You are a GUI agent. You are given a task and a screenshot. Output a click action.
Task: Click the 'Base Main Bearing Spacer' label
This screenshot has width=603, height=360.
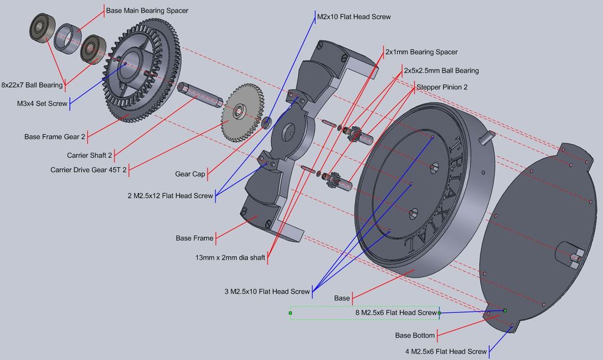point(147,11)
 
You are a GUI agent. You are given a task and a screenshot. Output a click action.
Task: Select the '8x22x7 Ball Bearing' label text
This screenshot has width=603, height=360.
point(32,85)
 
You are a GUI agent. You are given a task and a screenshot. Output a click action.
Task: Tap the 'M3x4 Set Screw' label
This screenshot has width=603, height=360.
point(42,104)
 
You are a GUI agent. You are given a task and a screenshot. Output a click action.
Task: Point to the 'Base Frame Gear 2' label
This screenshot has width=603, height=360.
point(55,137)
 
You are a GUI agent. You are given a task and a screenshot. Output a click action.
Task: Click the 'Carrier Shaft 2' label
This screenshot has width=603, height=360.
point(90,156)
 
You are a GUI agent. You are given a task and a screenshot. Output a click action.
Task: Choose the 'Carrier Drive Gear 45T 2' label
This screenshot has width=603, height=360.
point(88,170)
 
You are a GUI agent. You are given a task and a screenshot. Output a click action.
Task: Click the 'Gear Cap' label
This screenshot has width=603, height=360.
point(190,174)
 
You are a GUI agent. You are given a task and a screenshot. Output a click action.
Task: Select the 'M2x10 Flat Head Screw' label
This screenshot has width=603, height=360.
point(353,16)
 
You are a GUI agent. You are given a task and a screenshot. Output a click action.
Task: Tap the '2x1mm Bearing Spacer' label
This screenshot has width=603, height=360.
point(421,52)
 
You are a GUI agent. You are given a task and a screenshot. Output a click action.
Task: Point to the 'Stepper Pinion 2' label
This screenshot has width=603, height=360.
point(442,87)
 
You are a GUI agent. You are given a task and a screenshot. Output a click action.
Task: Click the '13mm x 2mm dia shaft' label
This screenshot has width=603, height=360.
point(230,257)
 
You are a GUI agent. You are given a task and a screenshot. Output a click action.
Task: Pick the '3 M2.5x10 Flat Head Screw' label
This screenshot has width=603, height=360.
point(267,292)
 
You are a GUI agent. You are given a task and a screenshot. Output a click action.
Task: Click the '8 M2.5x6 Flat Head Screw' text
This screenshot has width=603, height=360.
point(396,313)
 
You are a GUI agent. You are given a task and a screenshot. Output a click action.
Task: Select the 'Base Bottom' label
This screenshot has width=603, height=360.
point(415,336)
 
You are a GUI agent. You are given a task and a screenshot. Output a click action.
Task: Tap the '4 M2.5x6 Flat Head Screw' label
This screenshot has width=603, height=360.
point(446,352)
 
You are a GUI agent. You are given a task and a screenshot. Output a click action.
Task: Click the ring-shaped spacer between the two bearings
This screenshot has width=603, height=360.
point(68,39)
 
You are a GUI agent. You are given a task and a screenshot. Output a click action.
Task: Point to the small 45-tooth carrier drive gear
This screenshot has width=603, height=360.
point(241,112)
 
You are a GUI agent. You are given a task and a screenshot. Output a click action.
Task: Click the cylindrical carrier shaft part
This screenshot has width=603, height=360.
point(200,94)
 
